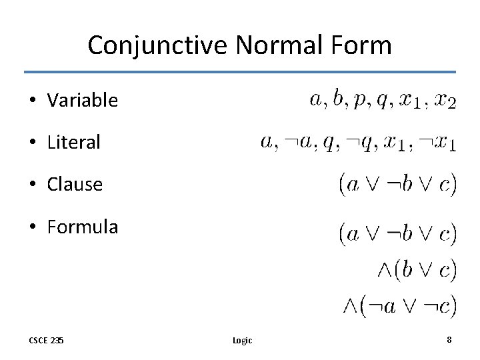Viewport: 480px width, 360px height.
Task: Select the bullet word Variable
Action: point(82,101)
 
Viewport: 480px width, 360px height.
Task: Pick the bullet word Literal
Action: point(73,142)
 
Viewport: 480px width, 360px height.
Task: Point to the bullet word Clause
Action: point(75,185)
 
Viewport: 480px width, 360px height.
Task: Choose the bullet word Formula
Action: point(82,227)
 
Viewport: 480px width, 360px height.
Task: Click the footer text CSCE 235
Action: point(46,340)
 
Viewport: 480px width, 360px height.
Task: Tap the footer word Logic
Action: point(242,340)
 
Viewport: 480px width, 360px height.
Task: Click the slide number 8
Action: point(449,339)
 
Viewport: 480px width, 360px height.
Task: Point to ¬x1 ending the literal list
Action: point(437,143)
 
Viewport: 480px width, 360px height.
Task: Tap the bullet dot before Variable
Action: point(32,101)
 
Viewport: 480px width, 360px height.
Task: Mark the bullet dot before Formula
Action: point(32,227)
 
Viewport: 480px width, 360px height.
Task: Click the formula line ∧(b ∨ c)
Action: point(417,269)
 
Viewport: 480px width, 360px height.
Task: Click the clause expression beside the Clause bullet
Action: point(398,184)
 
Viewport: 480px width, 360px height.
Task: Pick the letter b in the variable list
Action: point(340,100)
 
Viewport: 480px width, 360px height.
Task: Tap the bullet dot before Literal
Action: point(32,143)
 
